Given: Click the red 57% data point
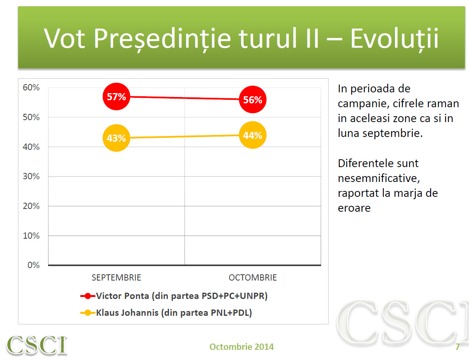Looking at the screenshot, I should tap(116, 97).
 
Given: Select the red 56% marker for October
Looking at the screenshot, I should tap(252, 100).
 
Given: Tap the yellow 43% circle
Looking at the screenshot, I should tap(116, 138).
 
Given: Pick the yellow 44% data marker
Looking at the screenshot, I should tap(252, 135).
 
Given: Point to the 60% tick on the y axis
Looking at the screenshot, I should tap(31, 88).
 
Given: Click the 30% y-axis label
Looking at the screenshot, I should tap(31, 176).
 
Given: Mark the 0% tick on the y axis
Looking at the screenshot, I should tap(33, 265).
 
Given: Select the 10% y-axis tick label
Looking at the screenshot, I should tap(31, 236).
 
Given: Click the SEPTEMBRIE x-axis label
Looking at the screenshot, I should tap(116, 278).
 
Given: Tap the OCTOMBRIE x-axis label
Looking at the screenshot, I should tap(252, 278).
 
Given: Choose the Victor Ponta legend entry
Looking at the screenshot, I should tap(174, 296).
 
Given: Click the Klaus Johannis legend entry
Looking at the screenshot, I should tap(166, 313).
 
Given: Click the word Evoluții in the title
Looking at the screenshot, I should tap(394, 38).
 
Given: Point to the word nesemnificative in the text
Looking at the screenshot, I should tap(379, 178).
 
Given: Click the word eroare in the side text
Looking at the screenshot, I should tap(354, 208).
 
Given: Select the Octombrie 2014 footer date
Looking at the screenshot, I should tap(241, 347).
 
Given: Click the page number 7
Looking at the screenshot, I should tap(457, 347).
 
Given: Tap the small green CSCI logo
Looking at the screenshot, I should tap(37, 345).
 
